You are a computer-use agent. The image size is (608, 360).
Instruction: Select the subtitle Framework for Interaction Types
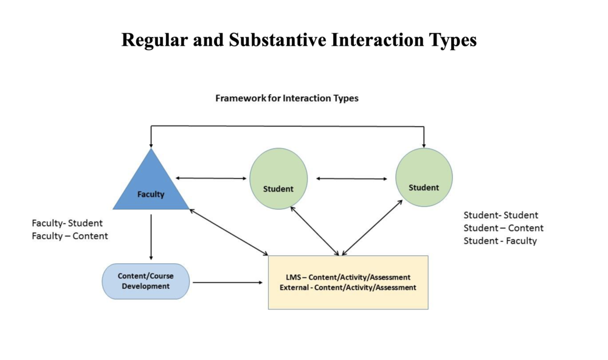pos(287,98)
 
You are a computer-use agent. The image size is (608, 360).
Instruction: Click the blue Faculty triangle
pos(151,185)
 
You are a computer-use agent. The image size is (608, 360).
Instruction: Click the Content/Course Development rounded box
pos(146,281)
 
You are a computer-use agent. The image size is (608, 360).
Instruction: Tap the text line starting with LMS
pos(348,277)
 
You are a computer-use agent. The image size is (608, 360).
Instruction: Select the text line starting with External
pos(348,288)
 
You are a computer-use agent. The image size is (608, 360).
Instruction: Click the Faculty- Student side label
pos(67,223)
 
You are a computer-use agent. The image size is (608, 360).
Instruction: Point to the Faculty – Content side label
pos(70,236)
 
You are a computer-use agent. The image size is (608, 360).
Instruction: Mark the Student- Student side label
pos(501,215)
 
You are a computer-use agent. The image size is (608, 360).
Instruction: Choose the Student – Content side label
pos(503,228)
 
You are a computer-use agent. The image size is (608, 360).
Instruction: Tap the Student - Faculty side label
pos(500,241)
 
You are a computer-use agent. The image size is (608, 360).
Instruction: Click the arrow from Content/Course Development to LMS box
pos(227,282)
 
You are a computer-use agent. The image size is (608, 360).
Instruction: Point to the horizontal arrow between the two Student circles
pos(351,179)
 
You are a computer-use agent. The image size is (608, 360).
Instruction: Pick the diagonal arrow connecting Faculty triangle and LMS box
pos(229,232)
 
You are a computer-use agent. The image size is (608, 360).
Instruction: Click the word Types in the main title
pos(451,40)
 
